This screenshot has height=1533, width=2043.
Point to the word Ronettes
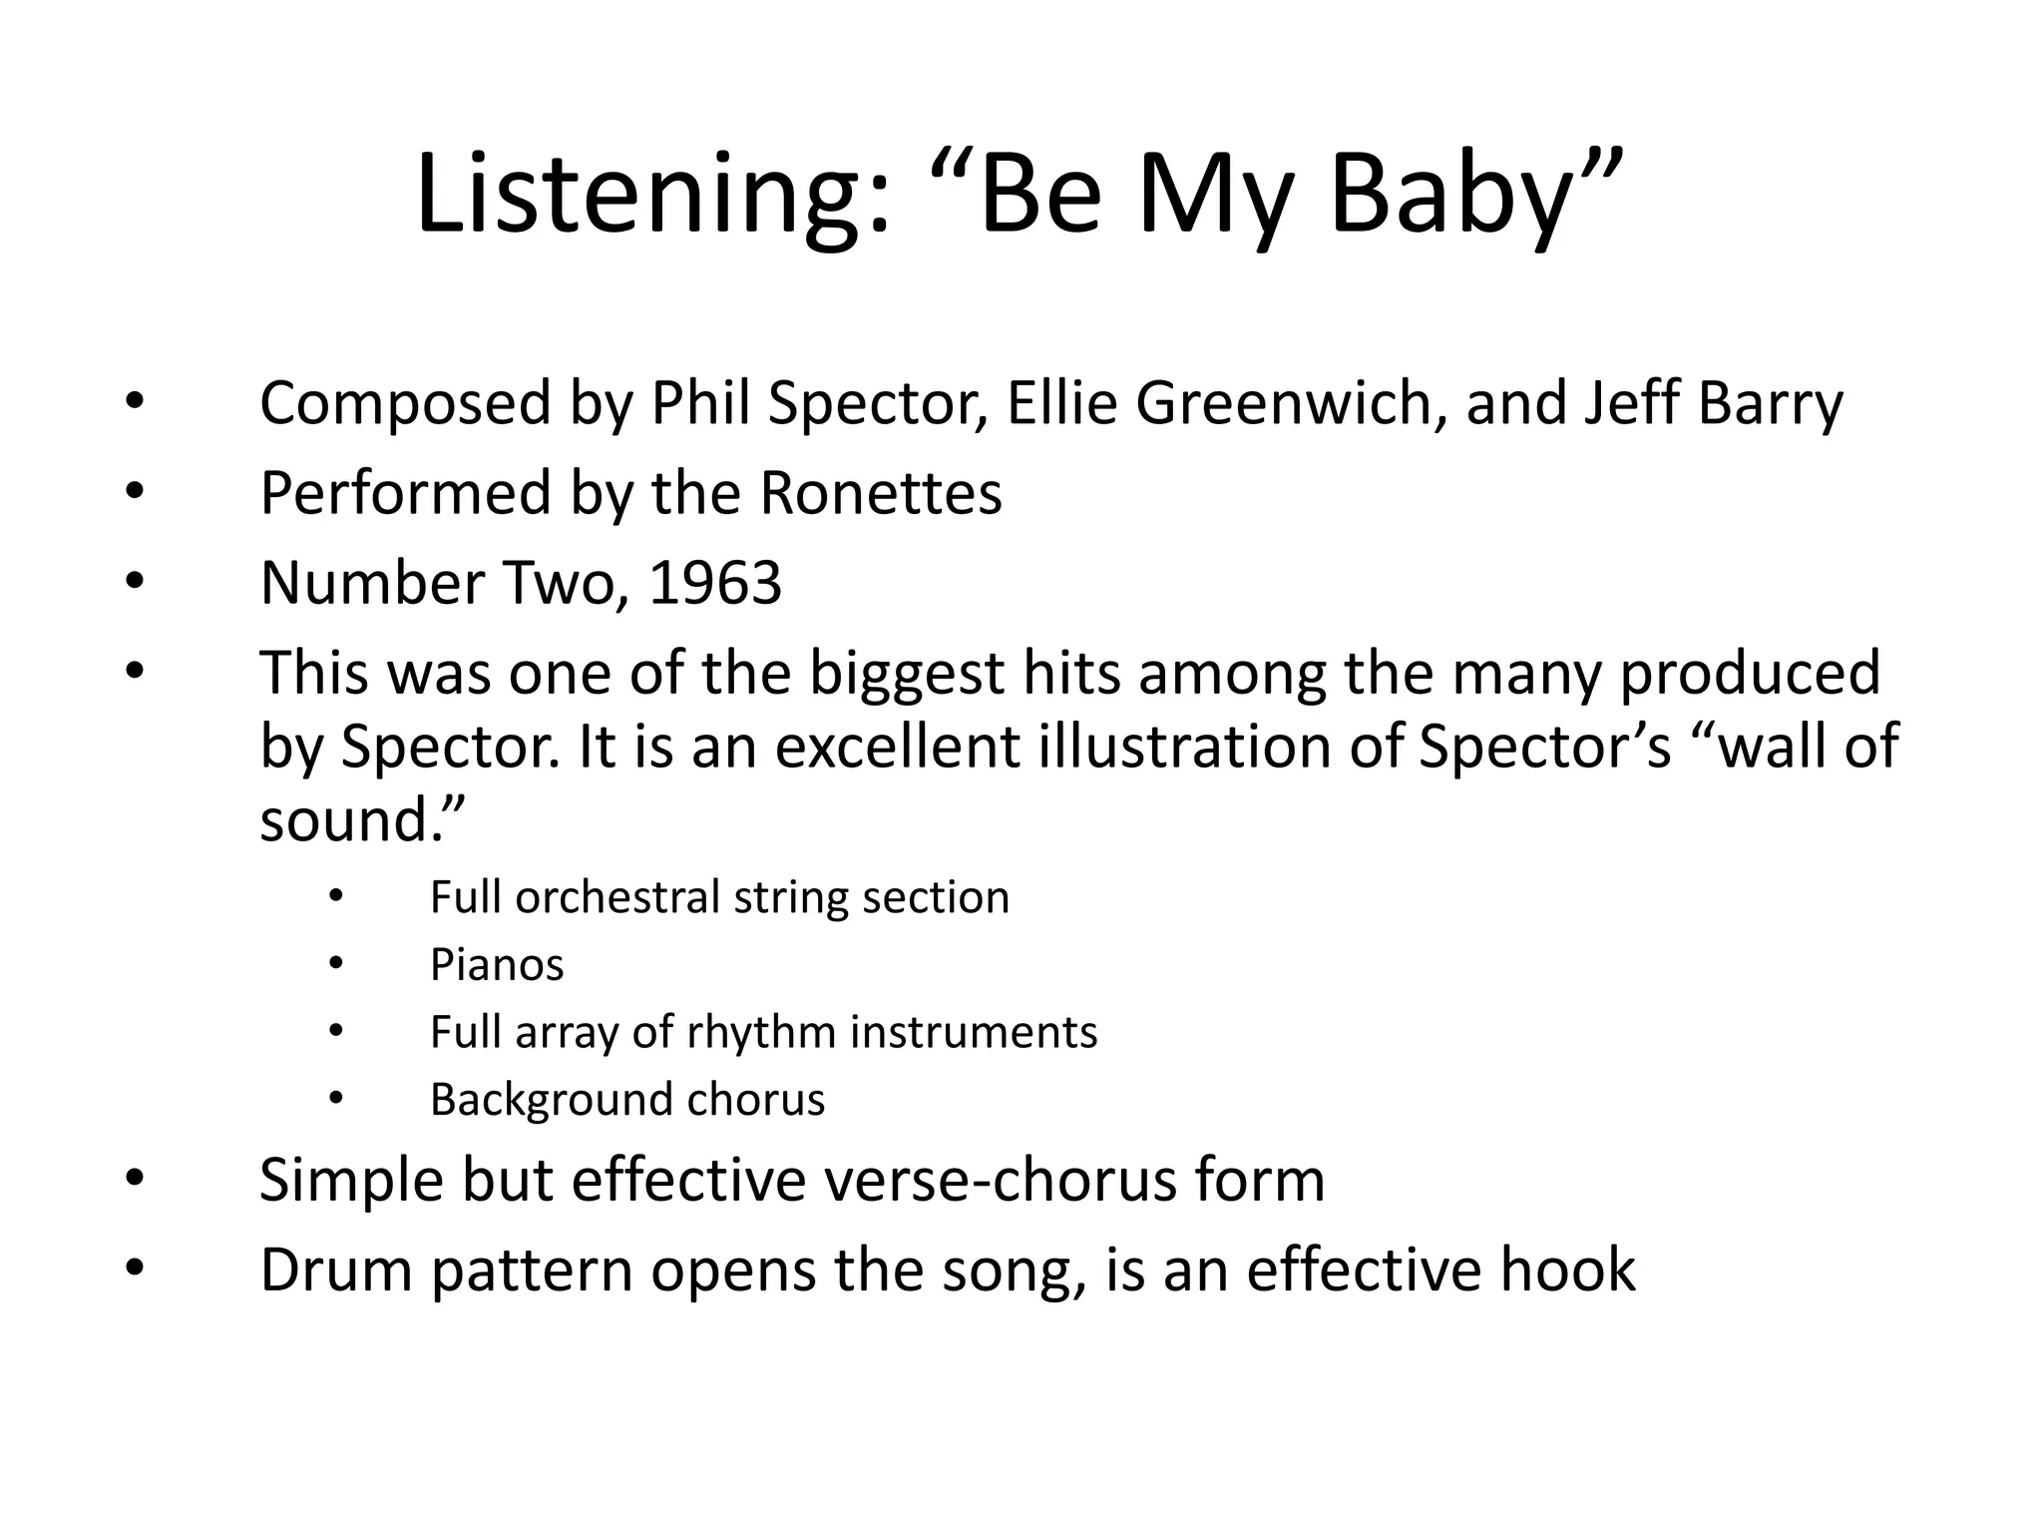pos(880,493)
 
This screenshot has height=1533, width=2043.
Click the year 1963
pos(715,583)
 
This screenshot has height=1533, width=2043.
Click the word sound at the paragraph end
pos(344,820)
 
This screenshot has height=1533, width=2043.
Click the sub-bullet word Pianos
pos(497,965)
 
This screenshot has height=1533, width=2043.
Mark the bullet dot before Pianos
pos(335,964)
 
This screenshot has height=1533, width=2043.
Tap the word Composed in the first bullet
pos(405,404)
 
